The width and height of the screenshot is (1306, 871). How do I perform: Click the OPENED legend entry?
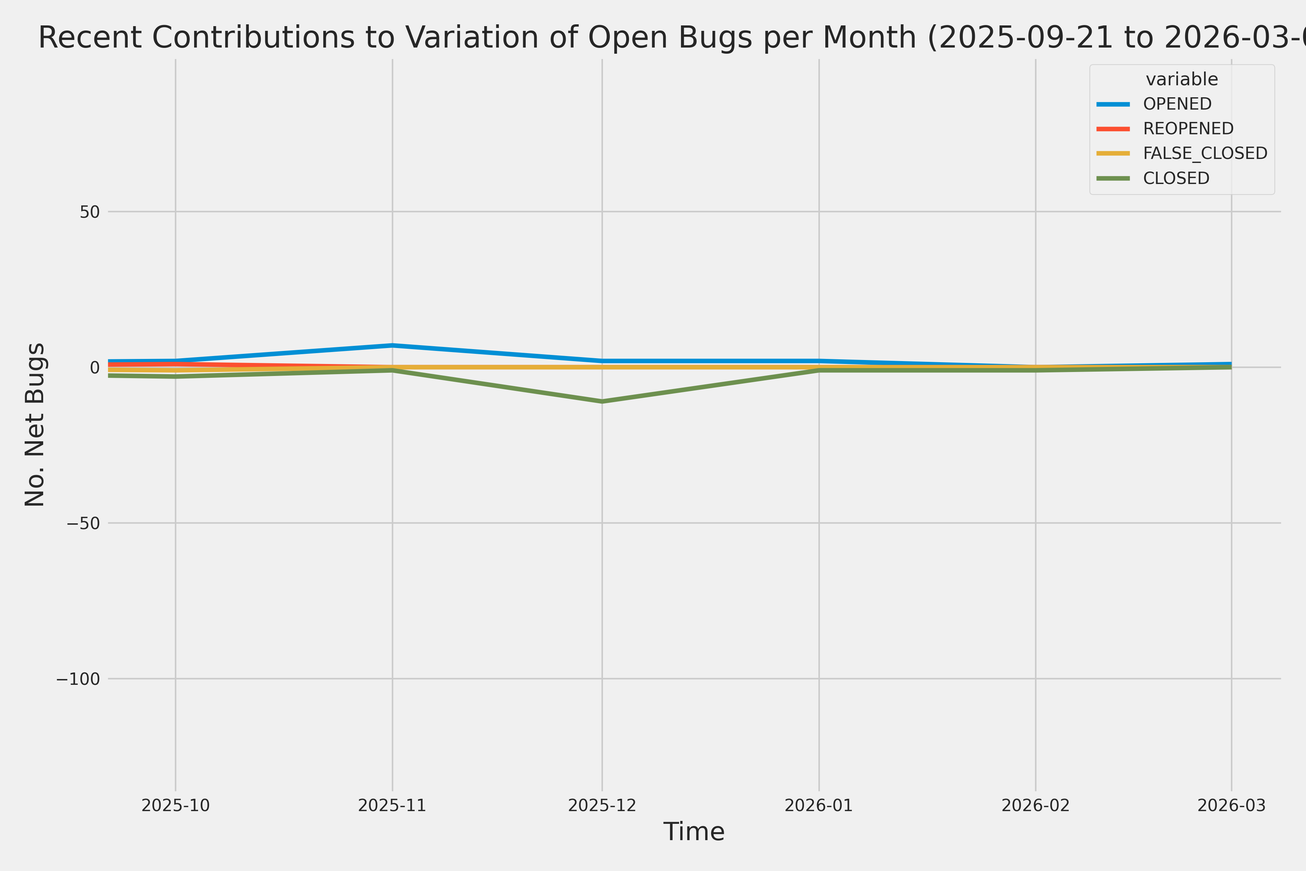[x=1177, y=104]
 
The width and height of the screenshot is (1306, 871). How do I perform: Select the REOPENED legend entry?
[x=1188, y=128]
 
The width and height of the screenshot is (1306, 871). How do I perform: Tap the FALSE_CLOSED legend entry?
[x=1205, y=153]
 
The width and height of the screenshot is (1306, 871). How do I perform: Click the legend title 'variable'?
[x=1182, y=79]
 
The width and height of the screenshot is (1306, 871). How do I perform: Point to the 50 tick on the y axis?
[x=89, y=212]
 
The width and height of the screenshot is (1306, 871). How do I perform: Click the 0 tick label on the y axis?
[x=95, y=368]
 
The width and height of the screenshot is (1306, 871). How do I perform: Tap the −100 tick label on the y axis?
[x=78, y=679]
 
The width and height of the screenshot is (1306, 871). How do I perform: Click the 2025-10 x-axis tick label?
[x=176, y=805]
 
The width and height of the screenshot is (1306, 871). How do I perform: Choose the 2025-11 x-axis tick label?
[x=392, y=805]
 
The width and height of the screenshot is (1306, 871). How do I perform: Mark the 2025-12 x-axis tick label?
[x=602, y=805]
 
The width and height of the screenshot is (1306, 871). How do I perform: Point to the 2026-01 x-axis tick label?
[x=818, y=805]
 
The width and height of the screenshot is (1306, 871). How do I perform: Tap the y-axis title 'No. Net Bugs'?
[x=35, y=424]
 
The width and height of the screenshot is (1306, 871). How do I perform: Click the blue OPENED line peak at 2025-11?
[x=393, y=345]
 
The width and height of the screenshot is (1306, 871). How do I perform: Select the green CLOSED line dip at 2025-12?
[x=602, y=401]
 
